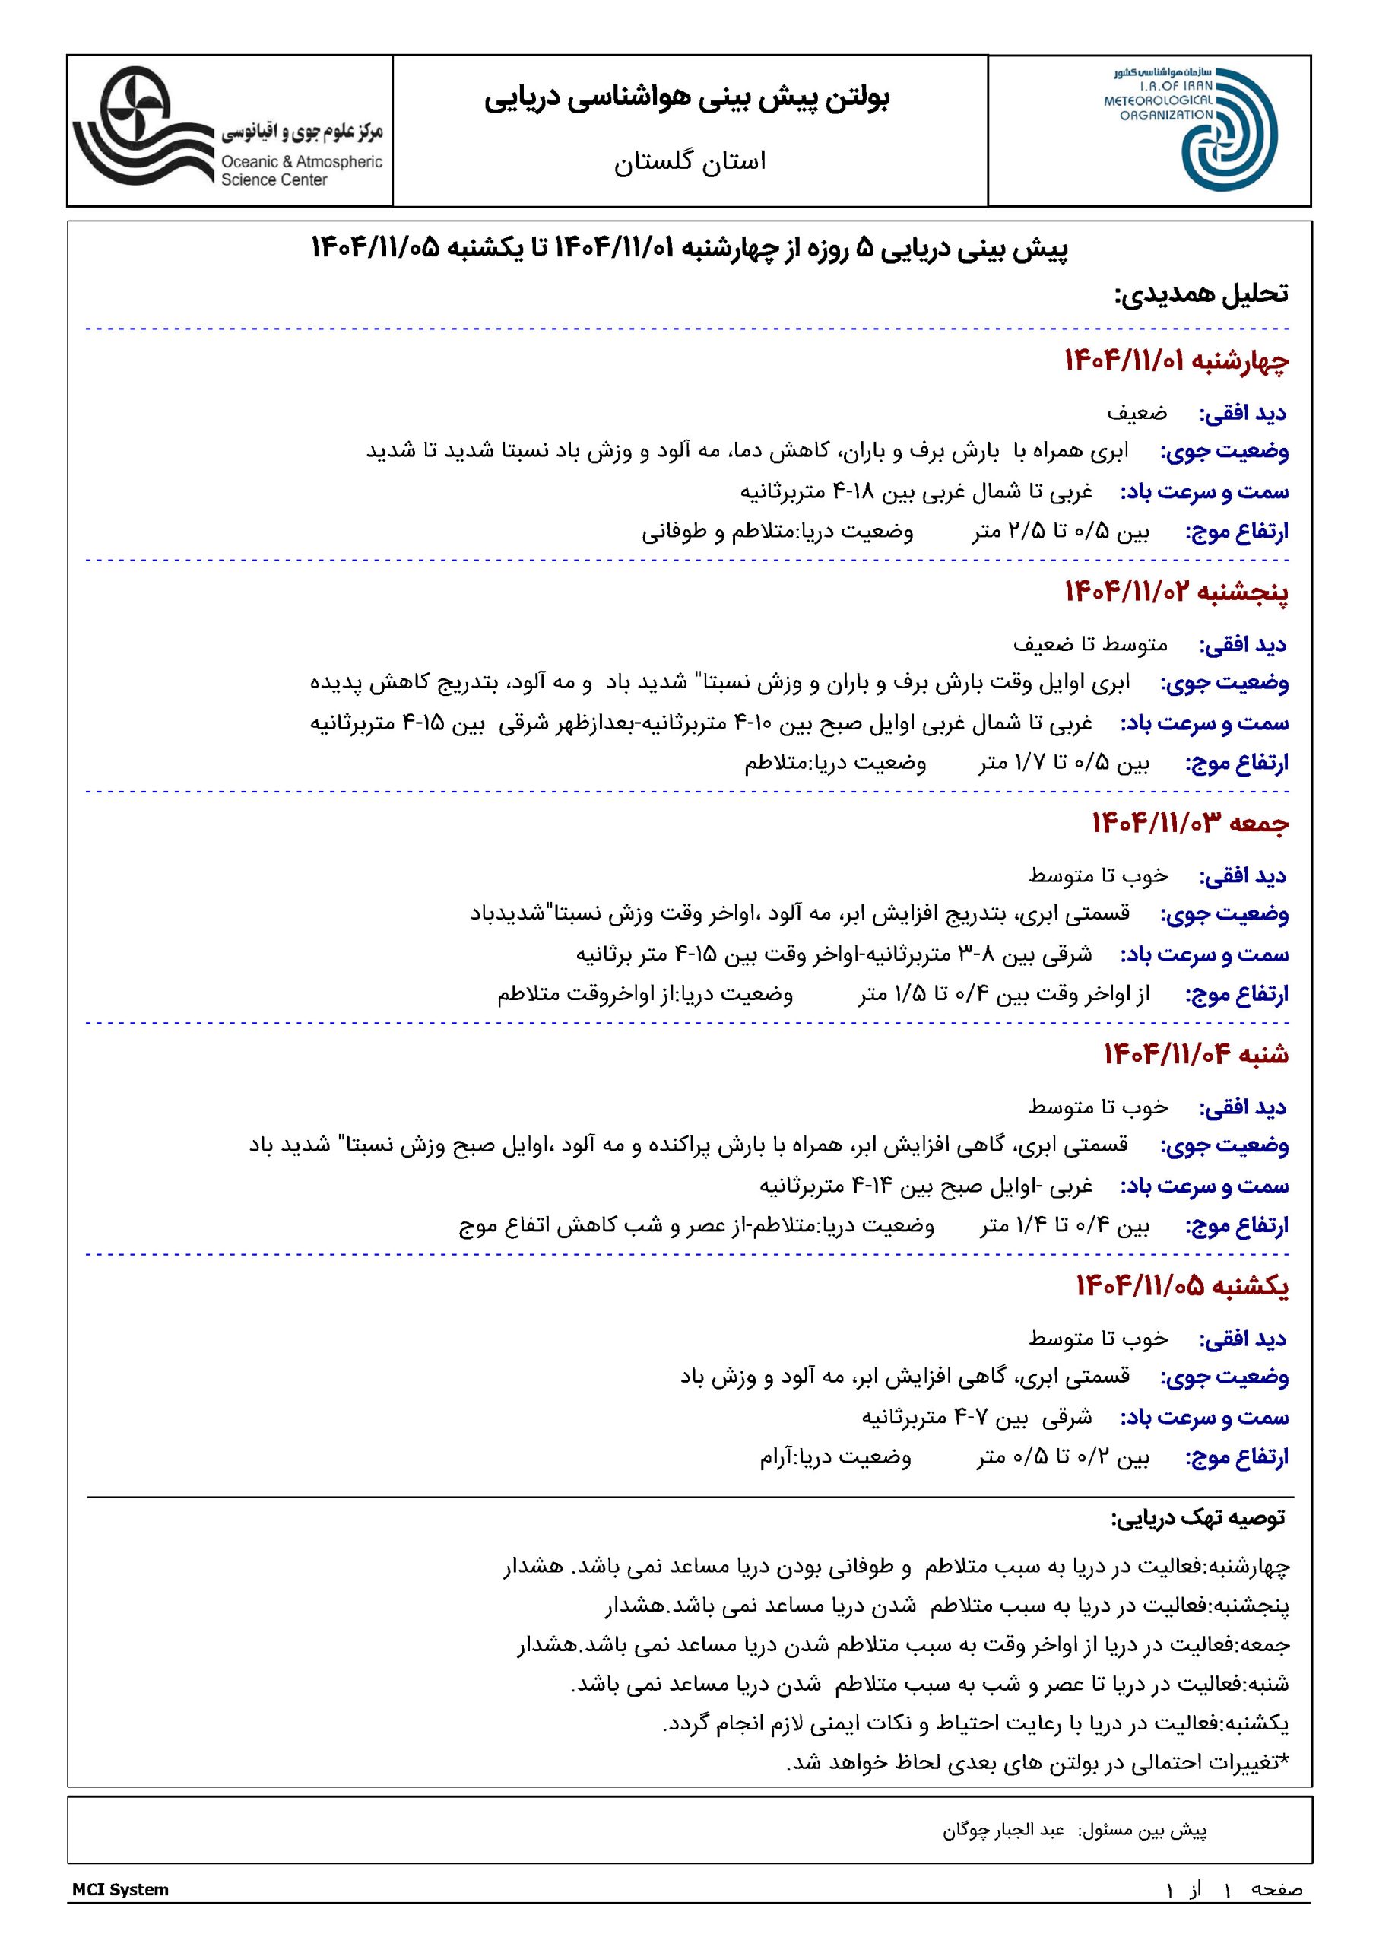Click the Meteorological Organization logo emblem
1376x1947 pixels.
point(1228,130)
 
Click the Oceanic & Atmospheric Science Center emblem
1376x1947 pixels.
point(141,126)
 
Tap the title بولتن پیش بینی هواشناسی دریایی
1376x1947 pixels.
point(686,99)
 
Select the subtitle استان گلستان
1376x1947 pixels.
point(690,161)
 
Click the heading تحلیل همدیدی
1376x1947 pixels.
point(1200,294)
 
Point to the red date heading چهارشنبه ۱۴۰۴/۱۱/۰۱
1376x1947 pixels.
point(1177,361)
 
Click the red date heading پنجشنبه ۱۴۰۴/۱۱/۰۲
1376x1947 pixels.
point(1177,592)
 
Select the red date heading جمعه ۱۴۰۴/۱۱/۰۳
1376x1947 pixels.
point(1190,823)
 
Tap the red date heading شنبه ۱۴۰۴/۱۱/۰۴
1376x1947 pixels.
point(1195,1054)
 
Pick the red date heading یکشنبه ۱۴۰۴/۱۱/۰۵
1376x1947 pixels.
point(1182,1285)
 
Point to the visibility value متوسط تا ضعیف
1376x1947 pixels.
point(1089,644)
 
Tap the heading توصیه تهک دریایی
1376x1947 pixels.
point(1197,1519)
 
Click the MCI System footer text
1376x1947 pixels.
point(120,1889)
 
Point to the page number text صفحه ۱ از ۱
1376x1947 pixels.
point(1234,1889)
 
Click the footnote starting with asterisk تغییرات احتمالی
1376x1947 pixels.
point(1038,1762)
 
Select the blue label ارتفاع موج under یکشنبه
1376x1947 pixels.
point(1236,1458)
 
